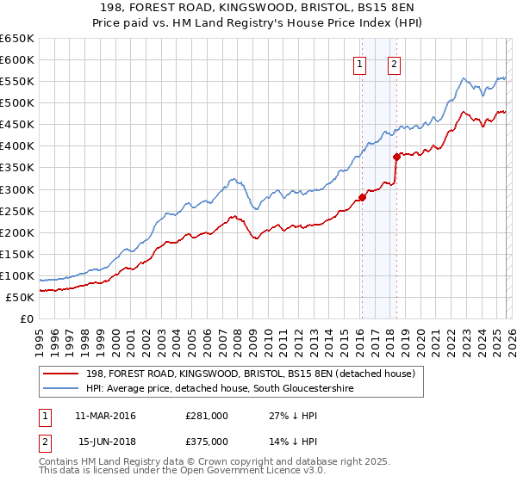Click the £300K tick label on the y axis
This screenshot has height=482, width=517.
coord(17,189)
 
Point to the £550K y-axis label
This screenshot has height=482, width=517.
coord(17,82)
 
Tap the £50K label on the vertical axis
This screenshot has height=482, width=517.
coord(21,297)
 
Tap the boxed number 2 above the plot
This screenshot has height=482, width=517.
coord(394,63)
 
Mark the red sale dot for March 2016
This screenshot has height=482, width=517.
coord(362,197)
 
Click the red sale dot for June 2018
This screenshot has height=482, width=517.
coord(396,157)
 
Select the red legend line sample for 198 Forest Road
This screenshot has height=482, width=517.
coord(61,374)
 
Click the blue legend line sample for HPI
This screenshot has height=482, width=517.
coord(61,388)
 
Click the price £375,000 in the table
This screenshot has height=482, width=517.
coord(207,441)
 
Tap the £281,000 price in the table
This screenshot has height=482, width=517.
coord(207,416)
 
